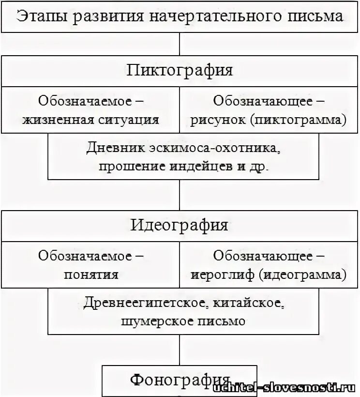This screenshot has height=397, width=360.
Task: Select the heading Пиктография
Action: coord(180,71)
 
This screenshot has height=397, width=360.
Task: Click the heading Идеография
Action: coord(180,225)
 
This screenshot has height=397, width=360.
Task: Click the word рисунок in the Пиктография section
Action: coord(218,120)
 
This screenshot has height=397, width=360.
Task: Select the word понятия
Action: coord(91,275)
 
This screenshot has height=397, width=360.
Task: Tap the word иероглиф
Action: coord(223,275)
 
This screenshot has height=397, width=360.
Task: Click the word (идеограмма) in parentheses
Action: coord(302,275)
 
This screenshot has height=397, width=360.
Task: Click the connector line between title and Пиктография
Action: coord(180,44)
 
